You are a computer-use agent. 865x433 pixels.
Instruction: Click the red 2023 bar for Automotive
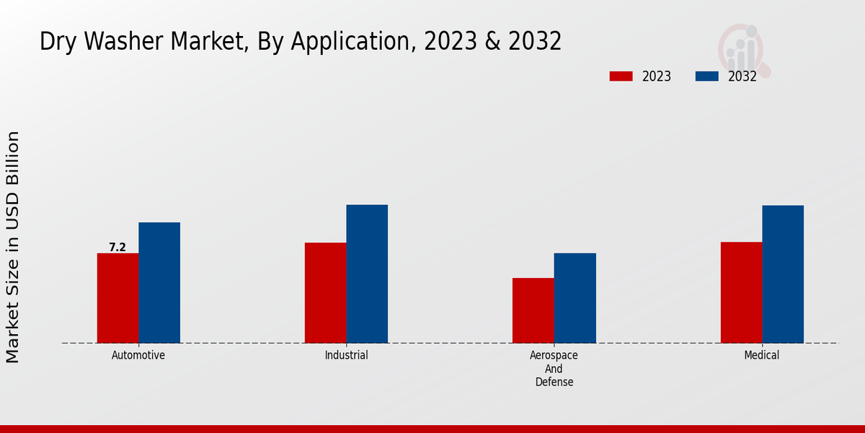[117, 298]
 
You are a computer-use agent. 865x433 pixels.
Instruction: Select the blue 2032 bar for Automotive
[159, 283]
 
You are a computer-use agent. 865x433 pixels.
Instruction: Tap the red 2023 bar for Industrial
[325, 293]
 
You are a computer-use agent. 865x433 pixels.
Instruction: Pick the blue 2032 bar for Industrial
[367, 274]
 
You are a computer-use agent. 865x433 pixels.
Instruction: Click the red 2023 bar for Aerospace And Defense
[533, 310]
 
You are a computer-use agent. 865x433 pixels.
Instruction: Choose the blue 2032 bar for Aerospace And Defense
[575, 298]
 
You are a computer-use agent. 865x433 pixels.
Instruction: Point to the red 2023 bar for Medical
[741, 292]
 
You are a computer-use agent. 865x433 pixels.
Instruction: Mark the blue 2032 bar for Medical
[783, 274]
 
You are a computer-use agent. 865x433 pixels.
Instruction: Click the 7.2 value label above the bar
[117, 248]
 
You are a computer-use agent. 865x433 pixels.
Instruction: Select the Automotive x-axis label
[138, 356]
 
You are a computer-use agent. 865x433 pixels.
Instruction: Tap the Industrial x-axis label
[346, 356]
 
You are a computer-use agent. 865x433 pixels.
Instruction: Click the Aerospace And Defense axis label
[554, 369]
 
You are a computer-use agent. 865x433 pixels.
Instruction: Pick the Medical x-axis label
[762, 356]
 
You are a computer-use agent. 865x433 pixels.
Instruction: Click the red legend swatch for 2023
[621, 76]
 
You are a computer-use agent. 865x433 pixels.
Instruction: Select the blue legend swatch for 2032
[707, 76]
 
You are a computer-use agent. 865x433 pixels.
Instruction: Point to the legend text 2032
[742, 76]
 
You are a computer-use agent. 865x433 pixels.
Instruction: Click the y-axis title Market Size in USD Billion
[14, 247]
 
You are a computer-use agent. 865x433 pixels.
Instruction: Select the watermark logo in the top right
[744, 49]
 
